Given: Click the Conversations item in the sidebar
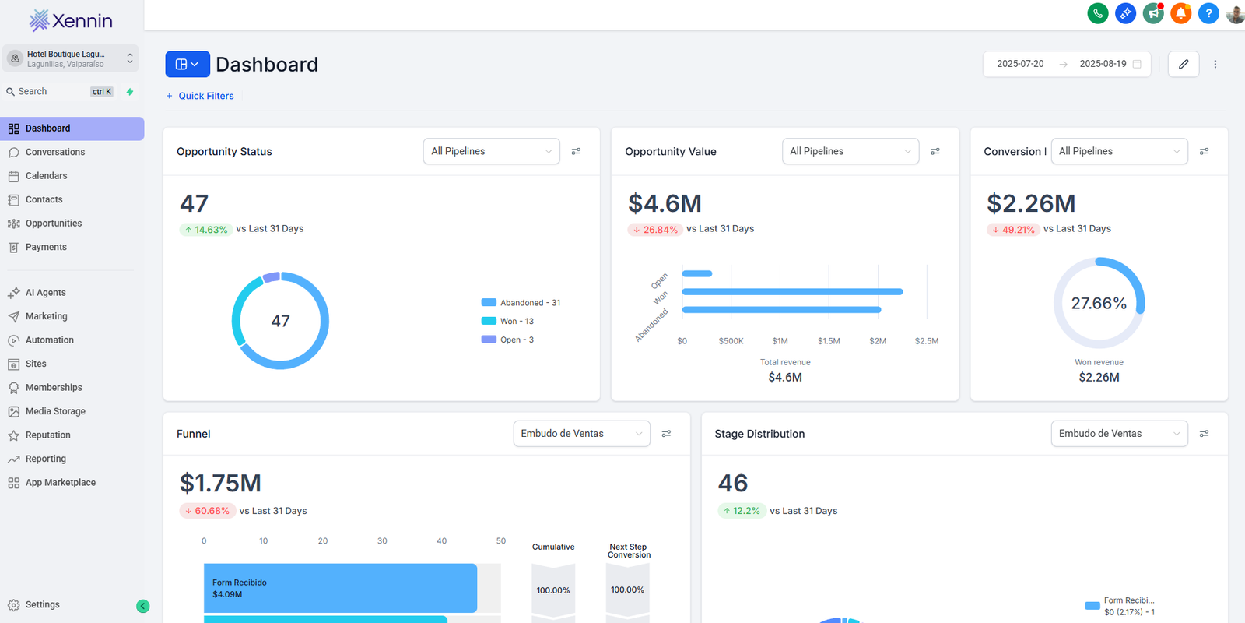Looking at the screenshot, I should pos(54,152).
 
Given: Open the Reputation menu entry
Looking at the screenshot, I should pos(47,435).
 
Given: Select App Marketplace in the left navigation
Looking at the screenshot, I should pos(60,483).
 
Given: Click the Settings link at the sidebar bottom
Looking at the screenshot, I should pos(42,604).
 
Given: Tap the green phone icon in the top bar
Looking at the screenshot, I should pos(1097,13).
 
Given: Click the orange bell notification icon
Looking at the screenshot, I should pos(1180,13).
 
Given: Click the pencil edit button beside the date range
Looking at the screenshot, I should pos(1183,64).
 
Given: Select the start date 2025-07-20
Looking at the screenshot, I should pos(1020,64).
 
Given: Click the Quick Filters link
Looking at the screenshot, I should pos(205,96).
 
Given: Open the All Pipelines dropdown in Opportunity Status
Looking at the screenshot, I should pos(491,151).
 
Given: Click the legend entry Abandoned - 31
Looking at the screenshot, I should pos(529,303).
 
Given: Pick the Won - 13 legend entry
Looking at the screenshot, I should pos(516,321).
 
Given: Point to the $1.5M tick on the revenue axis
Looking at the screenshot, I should pos(829,341).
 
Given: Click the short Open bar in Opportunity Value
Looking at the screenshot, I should pos(696,273).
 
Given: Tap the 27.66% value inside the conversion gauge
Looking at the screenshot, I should pos(1098,303).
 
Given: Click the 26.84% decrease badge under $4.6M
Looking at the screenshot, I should pos(655,230).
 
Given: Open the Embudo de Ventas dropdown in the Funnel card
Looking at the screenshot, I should pos(581,434).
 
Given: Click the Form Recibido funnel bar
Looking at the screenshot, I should pos(340,588).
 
